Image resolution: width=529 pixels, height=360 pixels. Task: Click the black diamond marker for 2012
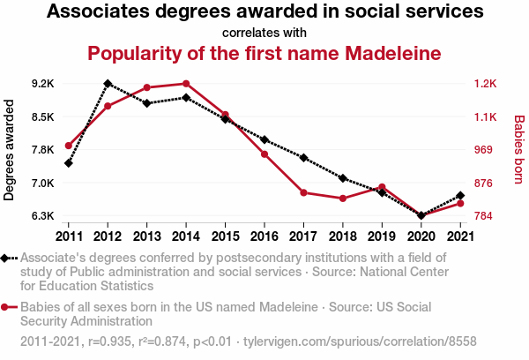tap(108, 84)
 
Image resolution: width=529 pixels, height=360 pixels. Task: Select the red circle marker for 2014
tap(186, 84)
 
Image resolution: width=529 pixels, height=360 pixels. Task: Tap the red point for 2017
tap(302, 192)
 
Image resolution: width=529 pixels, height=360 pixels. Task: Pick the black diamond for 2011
tap(69, 163)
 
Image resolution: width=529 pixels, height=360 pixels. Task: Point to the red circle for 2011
tap(69, 146)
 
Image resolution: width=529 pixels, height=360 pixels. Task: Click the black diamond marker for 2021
tap(459, 196)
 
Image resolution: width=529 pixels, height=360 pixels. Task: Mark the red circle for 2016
tap(264, 154)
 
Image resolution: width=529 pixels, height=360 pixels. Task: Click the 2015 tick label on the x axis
tap(225, 236)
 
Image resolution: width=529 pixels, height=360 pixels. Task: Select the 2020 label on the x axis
tap(421, 236)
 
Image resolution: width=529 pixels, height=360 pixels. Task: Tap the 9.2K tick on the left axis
tap(42, 84)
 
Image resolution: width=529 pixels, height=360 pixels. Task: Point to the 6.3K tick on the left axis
tap(42, 215)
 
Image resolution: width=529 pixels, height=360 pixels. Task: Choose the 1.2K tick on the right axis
tap(486, 84)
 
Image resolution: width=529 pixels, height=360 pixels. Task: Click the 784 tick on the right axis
tap(484, 215)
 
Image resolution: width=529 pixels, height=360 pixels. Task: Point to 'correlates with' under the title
tap(264, 33)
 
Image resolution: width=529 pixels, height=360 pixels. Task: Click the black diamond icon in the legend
tap(8, 258)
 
